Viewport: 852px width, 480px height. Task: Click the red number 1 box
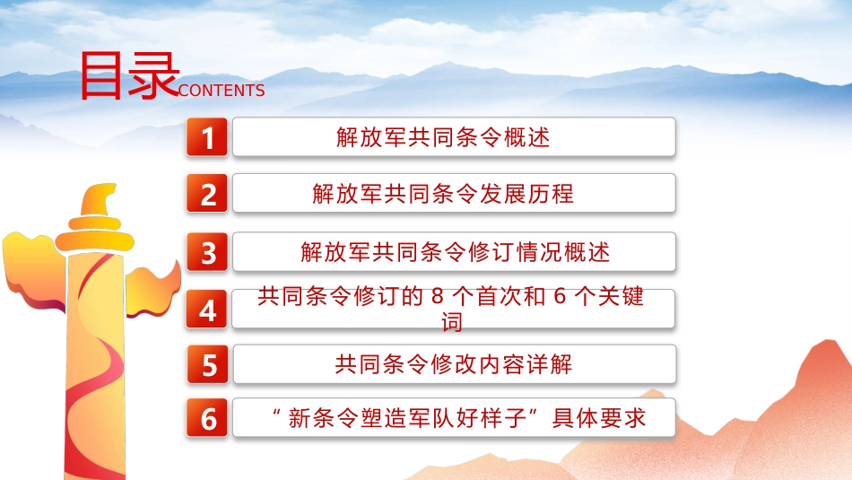tap(208, 138)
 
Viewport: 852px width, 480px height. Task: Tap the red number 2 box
tap(208, 195)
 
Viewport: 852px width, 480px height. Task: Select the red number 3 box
tap(208, 253)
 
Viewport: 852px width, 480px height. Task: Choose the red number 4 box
tap(208, 310)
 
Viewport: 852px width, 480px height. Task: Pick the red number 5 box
tap(208, 366)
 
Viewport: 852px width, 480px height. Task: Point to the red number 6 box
tap(208, 419)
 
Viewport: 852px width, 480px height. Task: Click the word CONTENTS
tap(222, 91)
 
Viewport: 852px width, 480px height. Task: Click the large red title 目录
tap(129, 75)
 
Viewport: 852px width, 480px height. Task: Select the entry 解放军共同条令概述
tap(443, 137)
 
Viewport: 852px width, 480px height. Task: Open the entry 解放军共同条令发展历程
tap(443, 194)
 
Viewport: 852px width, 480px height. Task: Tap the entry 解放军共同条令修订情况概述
tap(455, 253)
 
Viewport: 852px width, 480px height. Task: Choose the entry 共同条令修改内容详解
tap(453, 364)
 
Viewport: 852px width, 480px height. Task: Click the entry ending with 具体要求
tap(458, 418)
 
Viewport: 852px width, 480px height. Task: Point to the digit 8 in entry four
tap(438, 297)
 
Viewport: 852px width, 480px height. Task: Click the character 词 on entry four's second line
tap(452, 322)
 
